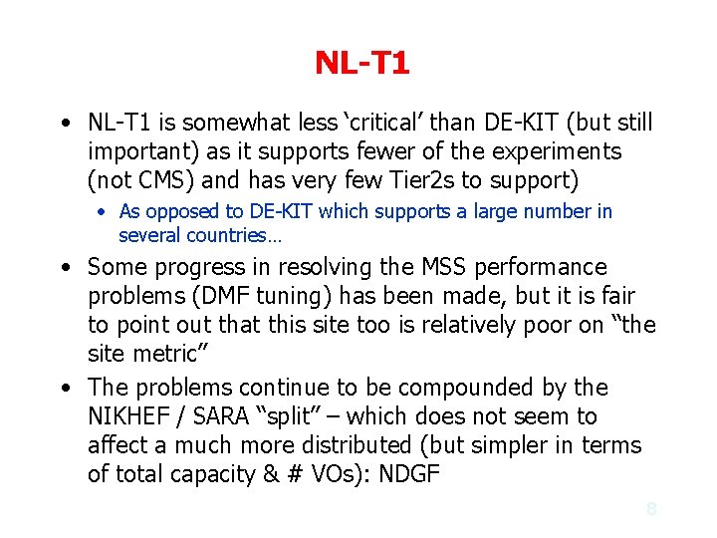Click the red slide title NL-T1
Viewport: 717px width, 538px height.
coord(361,64)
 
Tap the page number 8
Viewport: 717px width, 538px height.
coord(651,508)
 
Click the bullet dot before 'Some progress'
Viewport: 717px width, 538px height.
coord(64,268)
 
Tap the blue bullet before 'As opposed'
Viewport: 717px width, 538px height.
coord(103,212)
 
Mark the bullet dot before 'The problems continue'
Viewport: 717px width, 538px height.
coord(64,388)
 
